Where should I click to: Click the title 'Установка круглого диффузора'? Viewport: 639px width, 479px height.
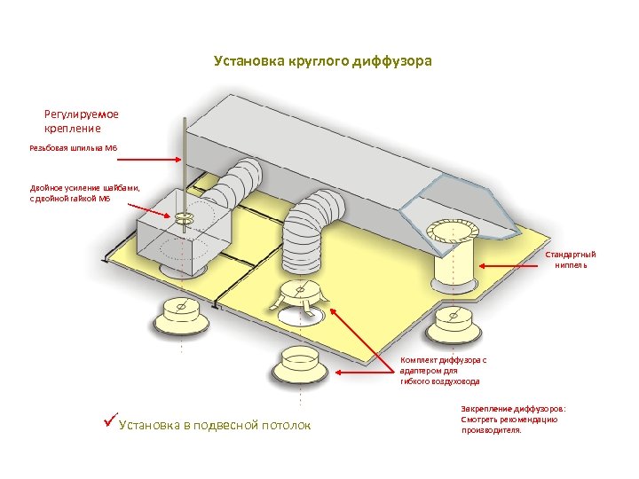[323, 61]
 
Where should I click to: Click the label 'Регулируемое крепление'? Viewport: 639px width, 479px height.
[81, 121]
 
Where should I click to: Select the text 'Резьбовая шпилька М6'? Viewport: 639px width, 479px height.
[73, 148]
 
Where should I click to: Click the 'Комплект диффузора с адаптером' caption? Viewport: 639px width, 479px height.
[443, 370]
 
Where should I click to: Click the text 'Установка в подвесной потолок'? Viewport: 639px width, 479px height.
[214, 426]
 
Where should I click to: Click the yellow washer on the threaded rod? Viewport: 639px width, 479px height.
[185, 216]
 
